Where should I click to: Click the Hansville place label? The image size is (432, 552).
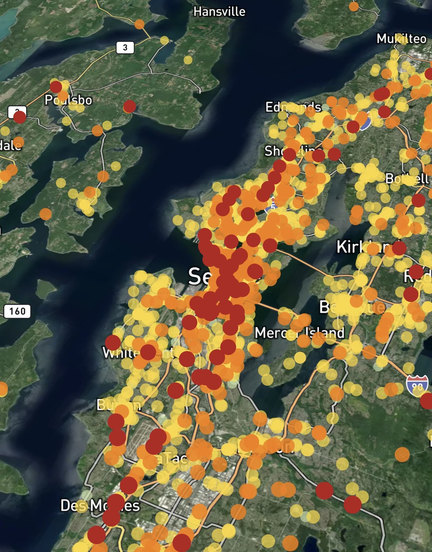click(219, 12)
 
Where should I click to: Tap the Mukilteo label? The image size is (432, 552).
click(401, 39)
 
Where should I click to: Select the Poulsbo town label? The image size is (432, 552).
click(68, 100)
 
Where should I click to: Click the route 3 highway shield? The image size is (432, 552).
click(125, 47)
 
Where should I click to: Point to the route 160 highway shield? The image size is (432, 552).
click(17, 311)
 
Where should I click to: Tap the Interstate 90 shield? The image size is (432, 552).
click(417, 385)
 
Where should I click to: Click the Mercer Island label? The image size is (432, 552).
click(299, 333)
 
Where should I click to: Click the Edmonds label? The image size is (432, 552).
click(293, 107)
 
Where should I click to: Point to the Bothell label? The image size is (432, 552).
click(407, 178)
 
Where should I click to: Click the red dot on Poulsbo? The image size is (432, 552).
click(56, 87)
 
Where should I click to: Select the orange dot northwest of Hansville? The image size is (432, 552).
click(139, 24)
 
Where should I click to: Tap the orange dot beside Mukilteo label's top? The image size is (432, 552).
click(354, 6)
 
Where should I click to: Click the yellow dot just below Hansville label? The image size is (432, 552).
click(188, 60)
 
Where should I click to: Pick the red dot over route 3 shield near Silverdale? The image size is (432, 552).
click(19, 117)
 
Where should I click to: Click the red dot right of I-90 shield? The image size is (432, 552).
click(427, 401)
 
